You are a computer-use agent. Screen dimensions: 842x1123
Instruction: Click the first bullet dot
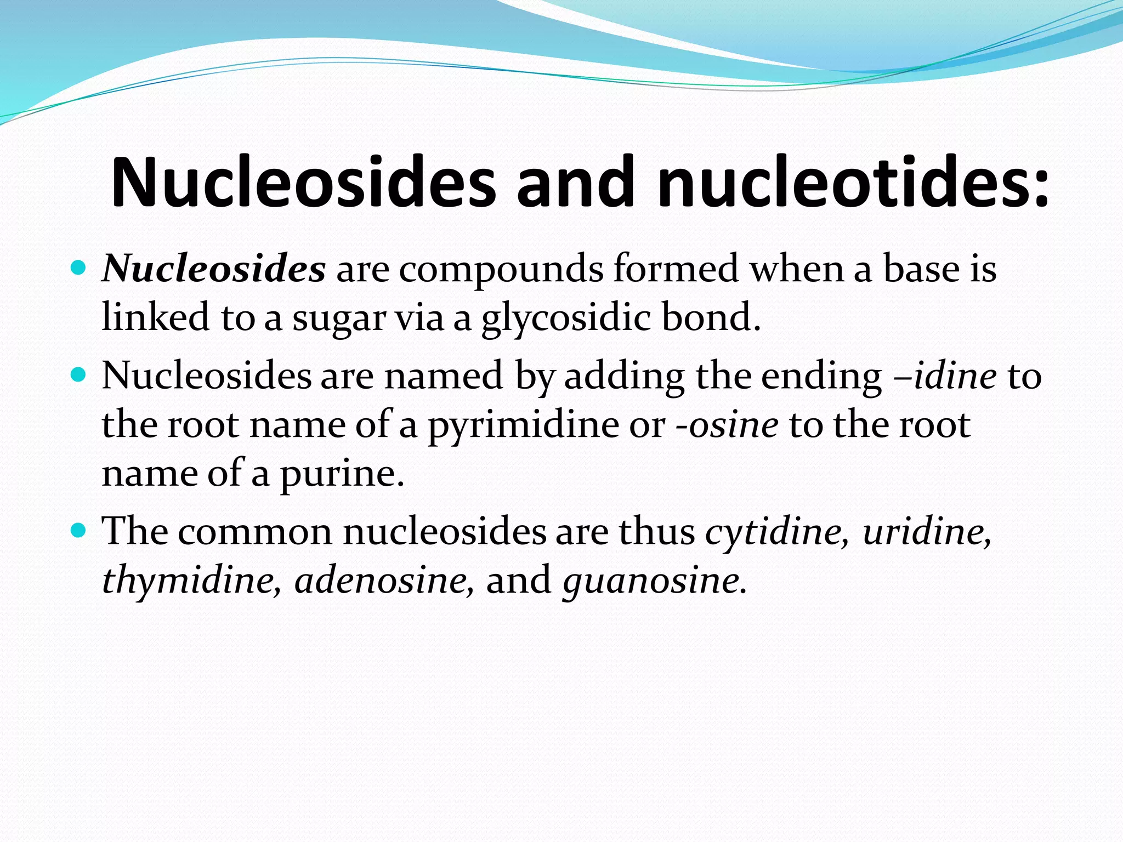pos(79,269)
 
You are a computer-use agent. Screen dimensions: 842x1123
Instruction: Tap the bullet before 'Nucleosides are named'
pos(79,376)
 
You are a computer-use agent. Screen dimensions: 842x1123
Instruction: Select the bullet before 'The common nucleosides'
pos(79,531)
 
